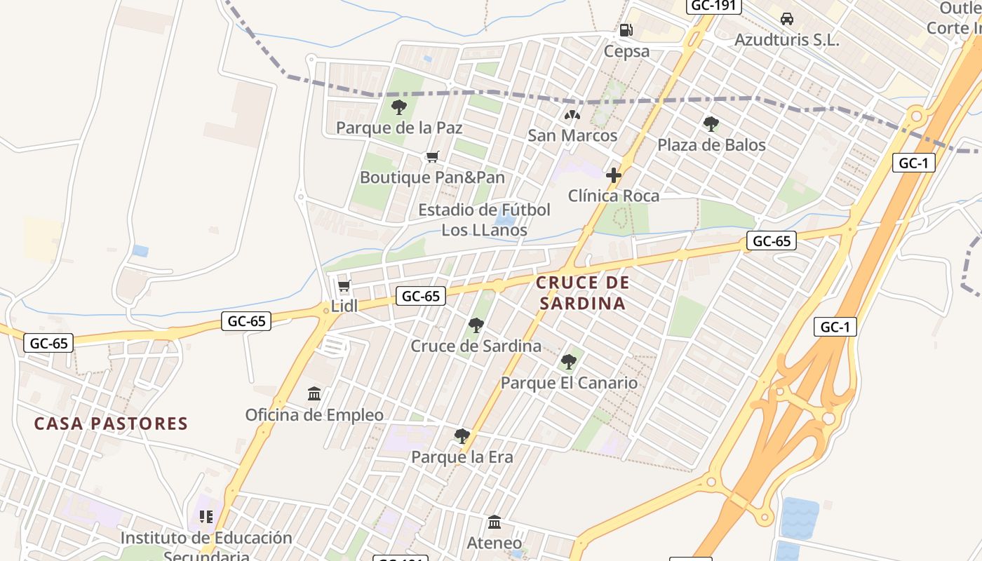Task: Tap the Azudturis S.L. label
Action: coord(786,40)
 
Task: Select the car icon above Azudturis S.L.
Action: coord(787,19)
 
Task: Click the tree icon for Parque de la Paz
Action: coord(399,107)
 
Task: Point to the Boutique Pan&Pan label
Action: coord(432,177)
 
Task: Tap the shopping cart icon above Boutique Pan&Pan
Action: coord(432,157)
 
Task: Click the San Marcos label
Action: coord(572,135)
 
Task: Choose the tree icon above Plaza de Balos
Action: coord(711,124)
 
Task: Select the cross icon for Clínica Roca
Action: coord(614,175)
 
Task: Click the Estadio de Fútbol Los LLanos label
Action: coord(484,219)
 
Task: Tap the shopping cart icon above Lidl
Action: coord(344,285)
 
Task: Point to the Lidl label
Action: coord(344,306)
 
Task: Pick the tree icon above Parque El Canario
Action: coord(569,363)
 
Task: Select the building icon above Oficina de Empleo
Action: coord(314,394)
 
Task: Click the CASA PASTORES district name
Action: coord(112,424)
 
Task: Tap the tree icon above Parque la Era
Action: coord(462,436)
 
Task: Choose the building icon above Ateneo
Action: coord(495,522)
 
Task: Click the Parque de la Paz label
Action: coord(399,128)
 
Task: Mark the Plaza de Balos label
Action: coord(711,145)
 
